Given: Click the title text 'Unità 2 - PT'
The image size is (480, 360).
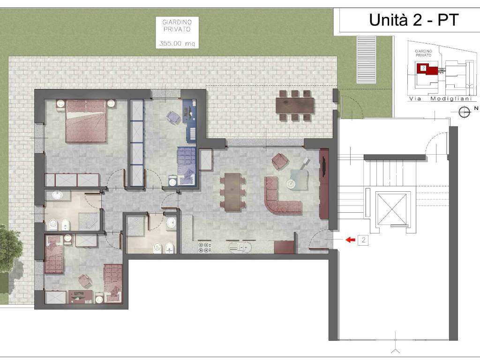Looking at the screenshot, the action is point(413,20).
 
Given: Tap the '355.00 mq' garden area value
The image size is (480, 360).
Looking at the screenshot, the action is point(177,44).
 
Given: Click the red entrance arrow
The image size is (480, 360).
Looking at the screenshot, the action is point(350,240).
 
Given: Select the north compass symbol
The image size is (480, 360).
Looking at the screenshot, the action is point(465,112).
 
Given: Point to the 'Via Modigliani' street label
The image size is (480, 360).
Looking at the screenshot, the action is point(442,98).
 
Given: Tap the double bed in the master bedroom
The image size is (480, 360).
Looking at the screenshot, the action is point(86,121).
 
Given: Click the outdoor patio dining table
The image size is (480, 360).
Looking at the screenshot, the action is point(295,105).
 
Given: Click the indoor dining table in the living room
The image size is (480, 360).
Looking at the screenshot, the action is point(232,192).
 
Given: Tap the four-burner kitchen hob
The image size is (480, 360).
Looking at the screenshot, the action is point(204,247).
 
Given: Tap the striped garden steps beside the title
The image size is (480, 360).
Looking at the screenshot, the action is point(367,60).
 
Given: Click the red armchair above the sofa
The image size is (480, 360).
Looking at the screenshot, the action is point(280,161).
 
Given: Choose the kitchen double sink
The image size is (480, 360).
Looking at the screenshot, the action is point(240,247).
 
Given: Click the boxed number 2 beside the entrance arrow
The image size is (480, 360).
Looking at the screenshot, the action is point(363,240).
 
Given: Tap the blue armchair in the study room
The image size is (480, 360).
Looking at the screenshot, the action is point(173,118).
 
